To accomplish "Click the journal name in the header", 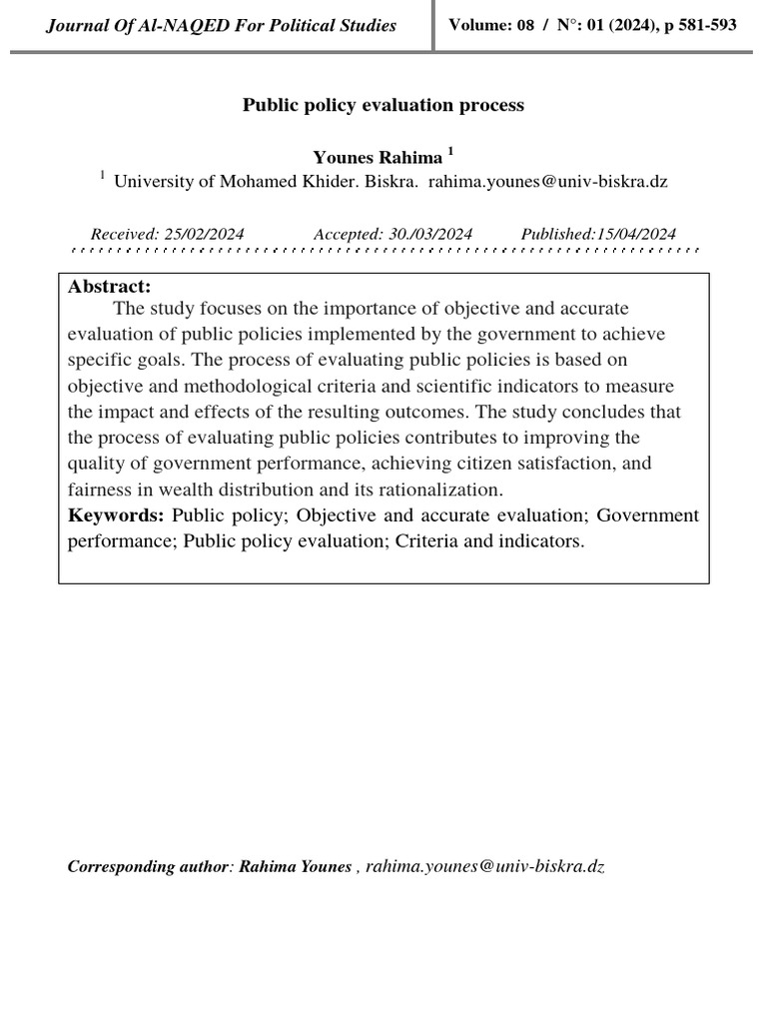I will click(x=221, y=25).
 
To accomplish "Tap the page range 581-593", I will click(x=709, y=24).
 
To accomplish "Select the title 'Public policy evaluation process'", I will click(x=383, y=105).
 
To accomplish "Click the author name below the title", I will click(x=377, y=157).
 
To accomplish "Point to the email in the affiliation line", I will click(x=547, y=182).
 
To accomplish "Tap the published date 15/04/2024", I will click(x=635, y=234).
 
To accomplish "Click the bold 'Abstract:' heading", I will click(x=110, y=287).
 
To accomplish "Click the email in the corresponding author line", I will click(x=485, y=866).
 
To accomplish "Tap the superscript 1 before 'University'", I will click(x=102, y=177).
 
